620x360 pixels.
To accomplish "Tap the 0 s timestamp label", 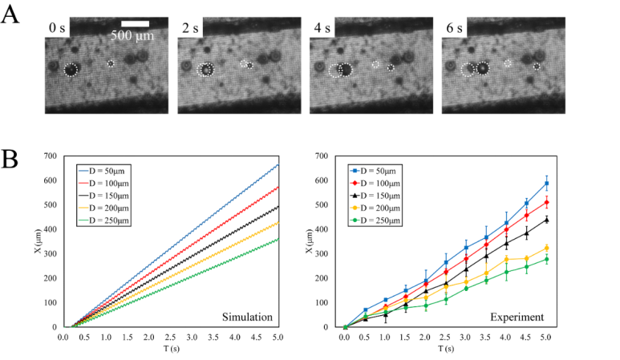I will [x=56, y=29].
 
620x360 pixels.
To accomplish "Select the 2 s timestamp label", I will [x=188, y=29].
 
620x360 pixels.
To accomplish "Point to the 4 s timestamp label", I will [x=321, y=29].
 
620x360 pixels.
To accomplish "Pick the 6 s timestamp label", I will [x=454, y=29].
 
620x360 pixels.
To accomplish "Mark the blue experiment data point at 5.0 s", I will [x=547, y=184].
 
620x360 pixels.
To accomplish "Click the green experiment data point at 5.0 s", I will [x=547, y=259].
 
